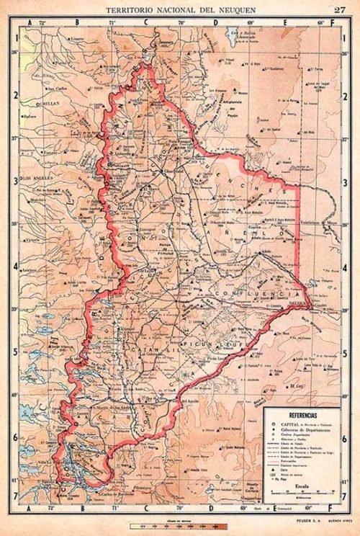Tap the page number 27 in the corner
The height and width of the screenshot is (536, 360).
pos(339,9)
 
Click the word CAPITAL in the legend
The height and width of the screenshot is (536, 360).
pos(286,424)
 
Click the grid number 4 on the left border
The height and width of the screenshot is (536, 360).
pos(13,266)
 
